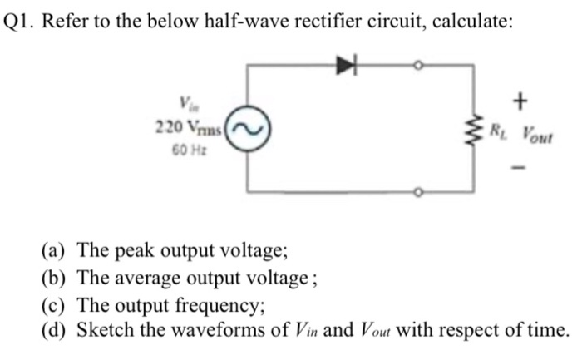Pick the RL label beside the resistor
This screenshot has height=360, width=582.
(497, 131)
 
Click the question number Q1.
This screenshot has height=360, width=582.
(20, 22)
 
